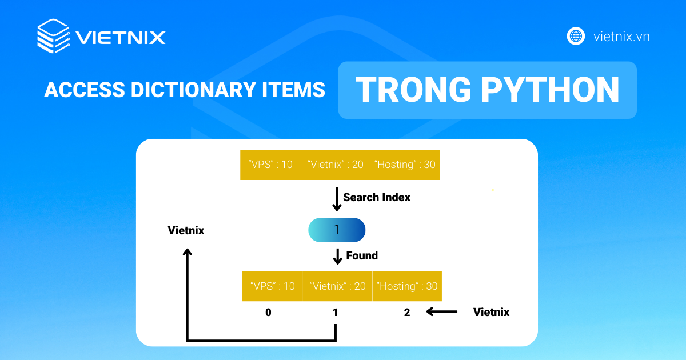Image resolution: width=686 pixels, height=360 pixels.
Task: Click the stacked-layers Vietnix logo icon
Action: click(54, 36)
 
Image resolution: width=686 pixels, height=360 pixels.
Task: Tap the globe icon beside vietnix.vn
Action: click(576, 37)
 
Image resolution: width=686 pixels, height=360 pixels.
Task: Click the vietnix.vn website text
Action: click(621, 37)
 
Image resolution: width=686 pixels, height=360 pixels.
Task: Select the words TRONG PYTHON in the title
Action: click(487, 89)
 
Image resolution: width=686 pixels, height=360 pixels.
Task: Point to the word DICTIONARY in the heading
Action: click(193, 90)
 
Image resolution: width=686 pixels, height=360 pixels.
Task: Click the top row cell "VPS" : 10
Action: click(270, 165)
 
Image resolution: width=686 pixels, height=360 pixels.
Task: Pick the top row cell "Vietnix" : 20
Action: click(336, 165)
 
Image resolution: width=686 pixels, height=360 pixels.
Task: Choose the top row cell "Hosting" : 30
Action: click(405, 165)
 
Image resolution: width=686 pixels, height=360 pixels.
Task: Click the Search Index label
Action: click(377, 198)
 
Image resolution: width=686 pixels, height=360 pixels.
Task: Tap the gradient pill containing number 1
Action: click(337, 230)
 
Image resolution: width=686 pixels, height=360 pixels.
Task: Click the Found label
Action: click(362, 255)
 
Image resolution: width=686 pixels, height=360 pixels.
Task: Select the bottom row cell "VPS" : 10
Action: click(273, 286)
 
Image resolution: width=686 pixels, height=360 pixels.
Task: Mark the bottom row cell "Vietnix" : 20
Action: click(337, 286)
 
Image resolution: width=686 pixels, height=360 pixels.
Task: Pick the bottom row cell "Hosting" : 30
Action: click(407, 286)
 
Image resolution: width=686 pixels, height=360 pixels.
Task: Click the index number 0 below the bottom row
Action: click(268, 312)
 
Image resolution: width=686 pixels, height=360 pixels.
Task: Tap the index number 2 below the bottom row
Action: click(407, 312)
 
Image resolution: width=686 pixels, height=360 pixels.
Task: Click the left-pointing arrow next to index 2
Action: click(441, 311)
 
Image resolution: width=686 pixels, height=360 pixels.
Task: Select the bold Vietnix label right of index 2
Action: click(492, 312)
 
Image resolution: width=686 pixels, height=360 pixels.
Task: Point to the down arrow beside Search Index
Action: click(337, 199)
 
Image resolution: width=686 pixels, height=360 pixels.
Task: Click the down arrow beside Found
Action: click(337, 256)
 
